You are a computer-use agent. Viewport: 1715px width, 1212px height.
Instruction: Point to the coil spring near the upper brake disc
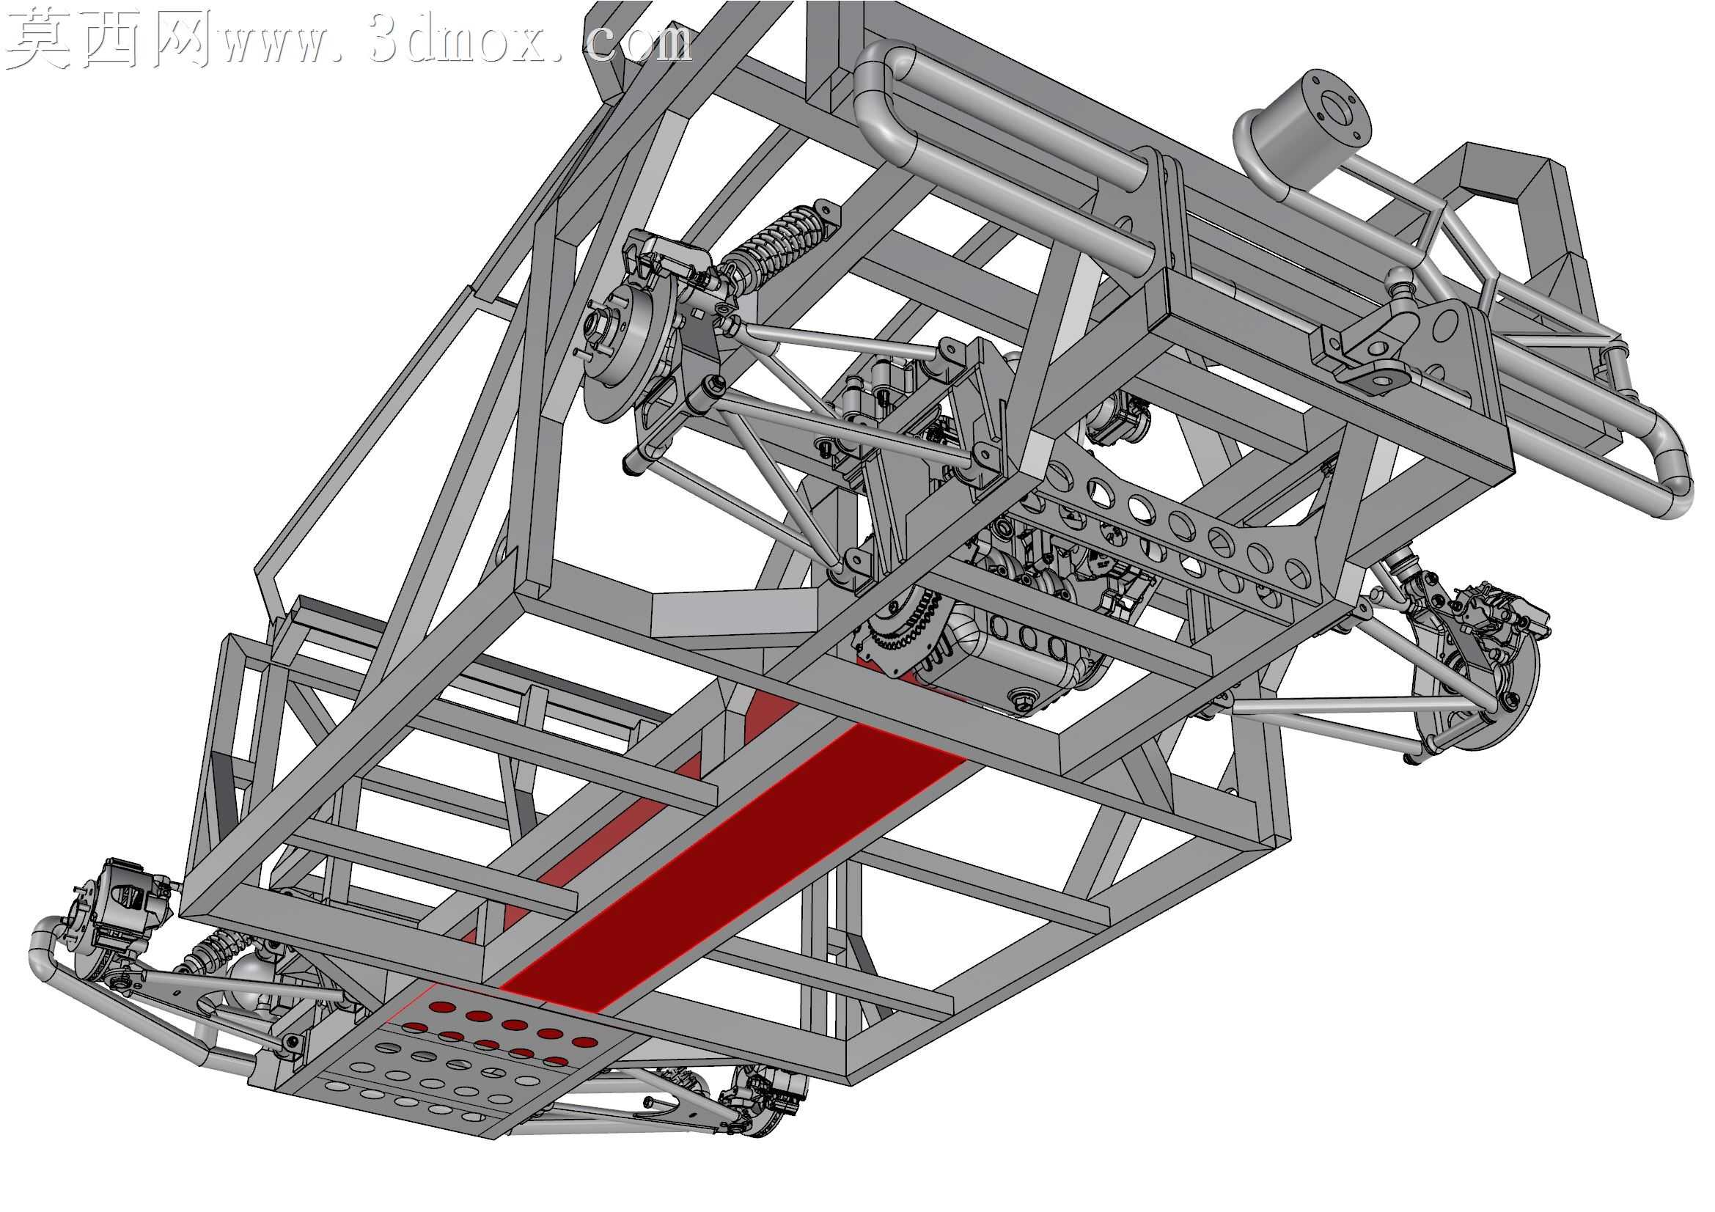(773, 243)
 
